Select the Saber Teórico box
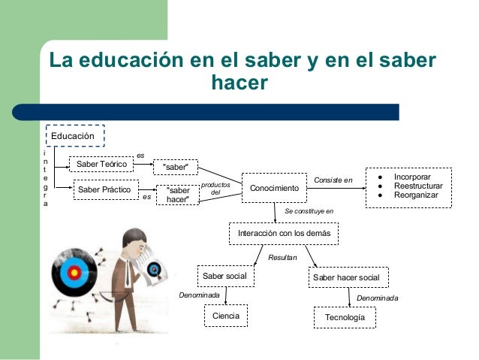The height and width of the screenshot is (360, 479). [x=101, y=163]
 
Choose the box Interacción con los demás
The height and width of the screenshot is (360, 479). [x=283, y=234]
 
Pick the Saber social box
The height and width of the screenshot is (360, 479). [x=225, y=276]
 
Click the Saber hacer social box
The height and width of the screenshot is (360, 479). [x=345, y=278]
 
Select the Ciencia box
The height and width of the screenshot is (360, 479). [x=226, y=316]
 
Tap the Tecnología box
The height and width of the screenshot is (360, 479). [x=345, y=318]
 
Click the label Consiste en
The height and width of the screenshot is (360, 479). [x=333, y=180]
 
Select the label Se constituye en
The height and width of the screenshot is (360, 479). [x=309, y=211]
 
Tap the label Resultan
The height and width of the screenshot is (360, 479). [x=282, y=257]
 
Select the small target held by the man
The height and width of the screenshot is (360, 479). [x=155, y=268]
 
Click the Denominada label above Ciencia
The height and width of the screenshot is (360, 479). [x=199, y=295]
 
